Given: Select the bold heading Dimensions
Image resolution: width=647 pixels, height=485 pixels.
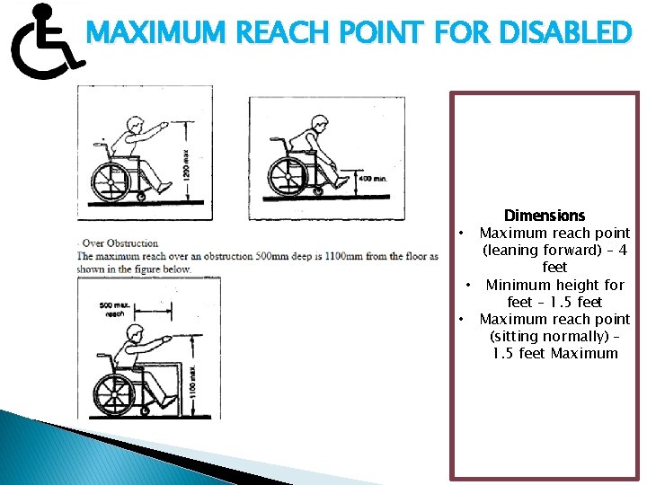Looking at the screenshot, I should [545, 216].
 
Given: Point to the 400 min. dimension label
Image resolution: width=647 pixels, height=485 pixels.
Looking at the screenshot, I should [373, 179].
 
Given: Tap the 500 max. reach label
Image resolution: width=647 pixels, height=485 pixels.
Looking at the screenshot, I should [114, 311].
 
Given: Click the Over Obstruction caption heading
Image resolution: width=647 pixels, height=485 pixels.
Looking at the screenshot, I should [120, 242].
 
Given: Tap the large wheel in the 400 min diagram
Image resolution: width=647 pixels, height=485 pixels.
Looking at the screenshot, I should [288, 173].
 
